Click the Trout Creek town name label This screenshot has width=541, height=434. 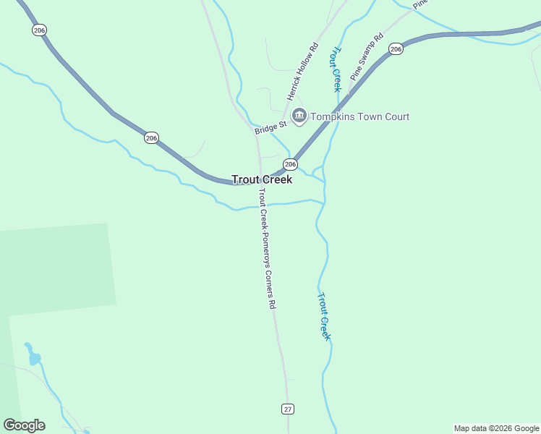tap(262, 179)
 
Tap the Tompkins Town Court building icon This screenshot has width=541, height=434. tap(299, 116)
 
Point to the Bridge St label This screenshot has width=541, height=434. tap(270, 127)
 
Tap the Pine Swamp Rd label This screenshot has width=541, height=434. tap(366, 56)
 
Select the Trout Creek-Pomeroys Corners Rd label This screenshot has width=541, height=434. tap(266, 249)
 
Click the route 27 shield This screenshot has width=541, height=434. tap(288, 409)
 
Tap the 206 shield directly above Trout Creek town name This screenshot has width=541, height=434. tap(290, 164)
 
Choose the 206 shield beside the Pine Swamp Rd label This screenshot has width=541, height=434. tap(395, 48)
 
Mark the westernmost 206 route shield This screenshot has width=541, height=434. tap(39, 30)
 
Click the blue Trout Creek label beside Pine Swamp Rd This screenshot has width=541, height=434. tap(336, 70)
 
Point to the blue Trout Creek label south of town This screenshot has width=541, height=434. tap(325, 316)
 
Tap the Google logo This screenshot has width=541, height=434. tap(24, 425)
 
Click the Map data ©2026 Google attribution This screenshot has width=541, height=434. tap(496, 428)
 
